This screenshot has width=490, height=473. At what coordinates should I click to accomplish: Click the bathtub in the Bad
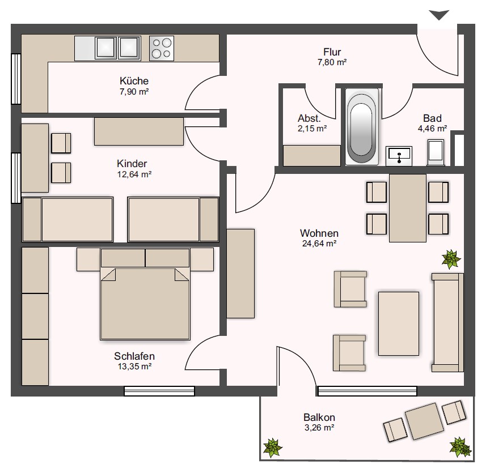(362, 127)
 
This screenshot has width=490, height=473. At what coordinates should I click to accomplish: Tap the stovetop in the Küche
(161, 48)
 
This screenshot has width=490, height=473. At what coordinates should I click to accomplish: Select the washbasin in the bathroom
(399, 156)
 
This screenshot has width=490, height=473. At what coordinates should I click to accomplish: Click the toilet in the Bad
(436, 153)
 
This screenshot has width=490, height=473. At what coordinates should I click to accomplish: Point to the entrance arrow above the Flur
(439, 15)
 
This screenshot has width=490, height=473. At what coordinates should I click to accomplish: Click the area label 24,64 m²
(319, 244)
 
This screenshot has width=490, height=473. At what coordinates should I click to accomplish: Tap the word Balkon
(319, 417)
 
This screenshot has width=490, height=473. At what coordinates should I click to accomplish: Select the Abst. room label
(309, 118)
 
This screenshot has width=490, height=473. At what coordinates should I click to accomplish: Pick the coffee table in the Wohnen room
(399, 323)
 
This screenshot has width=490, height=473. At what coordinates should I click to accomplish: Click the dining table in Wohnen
(408, 208)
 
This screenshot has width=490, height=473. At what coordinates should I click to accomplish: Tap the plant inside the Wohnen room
(451, 259)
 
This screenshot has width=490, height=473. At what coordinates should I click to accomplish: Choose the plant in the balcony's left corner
(272, 448)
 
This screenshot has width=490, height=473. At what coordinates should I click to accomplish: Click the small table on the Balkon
(424, 421)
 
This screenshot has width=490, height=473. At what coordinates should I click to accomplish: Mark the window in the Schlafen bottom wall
(159, 391)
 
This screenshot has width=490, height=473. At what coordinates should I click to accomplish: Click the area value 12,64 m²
(134, 174)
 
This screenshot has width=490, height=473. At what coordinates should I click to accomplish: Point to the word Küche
(134, 81)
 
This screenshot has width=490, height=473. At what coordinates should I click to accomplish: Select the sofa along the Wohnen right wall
(447, 322)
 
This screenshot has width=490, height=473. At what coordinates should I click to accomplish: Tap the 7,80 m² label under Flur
(332, 62)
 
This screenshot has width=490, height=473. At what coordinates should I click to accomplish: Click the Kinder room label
(132, 164)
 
